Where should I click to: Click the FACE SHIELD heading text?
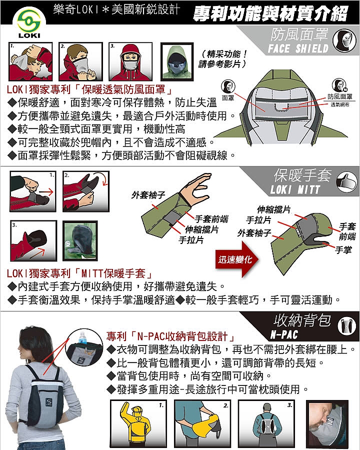[x=298, y=49]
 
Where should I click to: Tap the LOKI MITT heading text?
[x=295, y=190]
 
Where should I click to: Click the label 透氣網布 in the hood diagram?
[x=340, y=105]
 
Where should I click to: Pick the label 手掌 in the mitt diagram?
[x=343, y=250]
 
